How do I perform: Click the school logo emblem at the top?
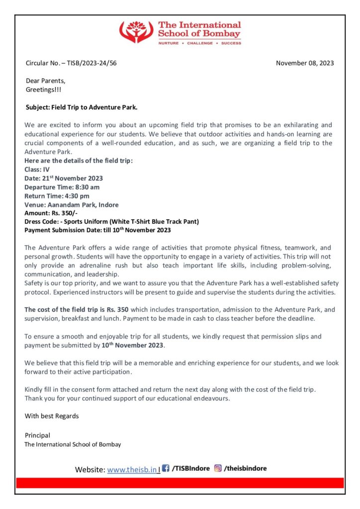(x=136, y=32)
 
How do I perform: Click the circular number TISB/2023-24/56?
(x=71, y=63)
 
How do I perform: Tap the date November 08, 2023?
(x=305, y=63)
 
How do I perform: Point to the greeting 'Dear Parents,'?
(x=45, y=81)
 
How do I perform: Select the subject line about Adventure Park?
(x=81, y=107)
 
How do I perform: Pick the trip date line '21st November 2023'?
(x=64, y=178)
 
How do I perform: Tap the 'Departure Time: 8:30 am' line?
(x=62, y=187)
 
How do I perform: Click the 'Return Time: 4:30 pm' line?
(x=57, y=196)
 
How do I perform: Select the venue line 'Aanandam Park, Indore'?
(x=72, y=204)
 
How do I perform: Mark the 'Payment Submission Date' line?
(x=97, y=230)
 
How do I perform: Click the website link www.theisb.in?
(x=132, y=469)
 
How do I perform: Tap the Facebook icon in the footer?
(x=166, y=468)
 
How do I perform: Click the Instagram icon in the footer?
(x=218, y=468)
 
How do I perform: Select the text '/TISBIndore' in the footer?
(x=190, y=469)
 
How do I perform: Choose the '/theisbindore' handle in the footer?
(x=245, y=469)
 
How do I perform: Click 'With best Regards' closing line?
(x=52, y=416)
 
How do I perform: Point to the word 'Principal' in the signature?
(x=37, y=435)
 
